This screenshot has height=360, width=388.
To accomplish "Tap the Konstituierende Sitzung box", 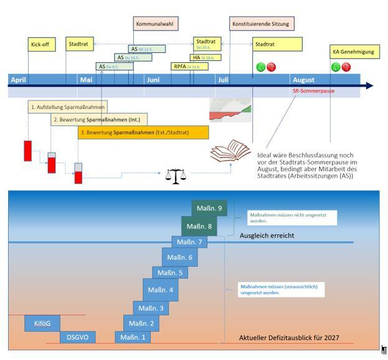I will [x=261, y=24].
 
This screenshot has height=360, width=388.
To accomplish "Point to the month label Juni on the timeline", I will [x=153, y=80].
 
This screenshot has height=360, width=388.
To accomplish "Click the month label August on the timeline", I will [x=303, y=80].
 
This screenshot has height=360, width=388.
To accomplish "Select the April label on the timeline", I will [x=19, y=80].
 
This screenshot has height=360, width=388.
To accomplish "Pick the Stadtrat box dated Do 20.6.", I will [x=207, y=44].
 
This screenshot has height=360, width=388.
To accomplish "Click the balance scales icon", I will [x=176, y=175].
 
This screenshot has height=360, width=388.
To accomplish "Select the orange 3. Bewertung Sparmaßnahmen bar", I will [x=143, y=133].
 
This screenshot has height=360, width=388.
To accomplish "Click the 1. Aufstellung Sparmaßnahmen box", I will [x=67, y=107].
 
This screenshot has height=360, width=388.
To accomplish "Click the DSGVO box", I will [x=78, y=337].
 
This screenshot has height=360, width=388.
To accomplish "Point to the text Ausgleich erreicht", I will [x=267, y=235].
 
